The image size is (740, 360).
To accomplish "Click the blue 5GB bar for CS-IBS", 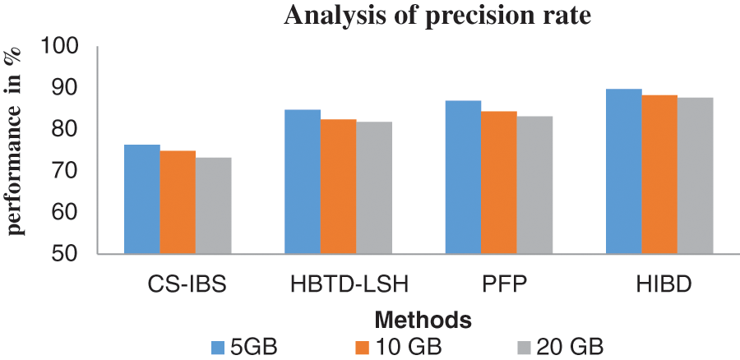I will (x=142, y=199).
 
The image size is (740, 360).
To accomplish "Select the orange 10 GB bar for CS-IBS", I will (x=178, y=202).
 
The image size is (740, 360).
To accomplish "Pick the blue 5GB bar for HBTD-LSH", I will (x=303, y=182).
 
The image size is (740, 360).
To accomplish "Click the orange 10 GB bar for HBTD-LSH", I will (x=338, y=187).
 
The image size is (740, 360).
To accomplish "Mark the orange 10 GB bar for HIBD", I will (x=659, y=174).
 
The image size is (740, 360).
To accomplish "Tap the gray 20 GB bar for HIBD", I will (x=695, y=176).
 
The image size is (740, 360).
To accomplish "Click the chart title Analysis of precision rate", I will (x=437, y=16).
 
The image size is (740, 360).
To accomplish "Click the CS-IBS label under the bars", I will (x=178, y=285).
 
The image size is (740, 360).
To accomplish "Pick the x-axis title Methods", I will (x=422, y=317).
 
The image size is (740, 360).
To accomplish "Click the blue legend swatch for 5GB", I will (x=218, y=345).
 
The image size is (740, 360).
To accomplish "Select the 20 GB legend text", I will (x=571, y=345).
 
